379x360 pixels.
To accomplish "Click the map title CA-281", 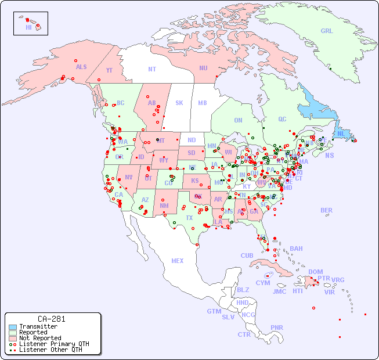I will click(52, 319).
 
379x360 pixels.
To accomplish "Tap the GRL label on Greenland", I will click(327, 31).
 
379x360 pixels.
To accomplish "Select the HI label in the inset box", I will click(28, 27).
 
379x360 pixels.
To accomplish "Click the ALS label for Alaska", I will click(81, 67).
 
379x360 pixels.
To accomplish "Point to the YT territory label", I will click(109, 71).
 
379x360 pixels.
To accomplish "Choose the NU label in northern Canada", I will click(203, 68).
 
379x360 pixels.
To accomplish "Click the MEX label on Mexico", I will click(178, 261).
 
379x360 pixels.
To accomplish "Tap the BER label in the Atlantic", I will click(327, 210).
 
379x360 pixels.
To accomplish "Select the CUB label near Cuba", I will click(247, 255).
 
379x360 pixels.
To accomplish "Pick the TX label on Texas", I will click(189, 218).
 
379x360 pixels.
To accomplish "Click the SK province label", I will click(179, 103).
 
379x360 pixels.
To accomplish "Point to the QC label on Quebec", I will click(282, 119).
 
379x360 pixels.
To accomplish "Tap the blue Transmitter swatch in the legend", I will click(13, 327).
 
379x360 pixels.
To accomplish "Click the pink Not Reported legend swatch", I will click(13, 338).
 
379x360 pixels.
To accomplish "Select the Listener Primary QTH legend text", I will click(53, 344).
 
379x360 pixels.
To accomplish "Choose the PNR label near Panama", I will click(277, 327).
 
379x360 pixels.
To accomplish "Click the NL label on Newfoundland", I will click(341, 134).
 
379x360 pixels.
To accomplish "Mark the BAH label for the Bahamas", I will click(296, 249).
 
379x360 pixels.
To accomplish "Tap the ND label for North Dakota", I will click(192, 140).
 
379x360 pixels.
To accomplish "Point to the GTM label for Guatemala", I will click(214, 311).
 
